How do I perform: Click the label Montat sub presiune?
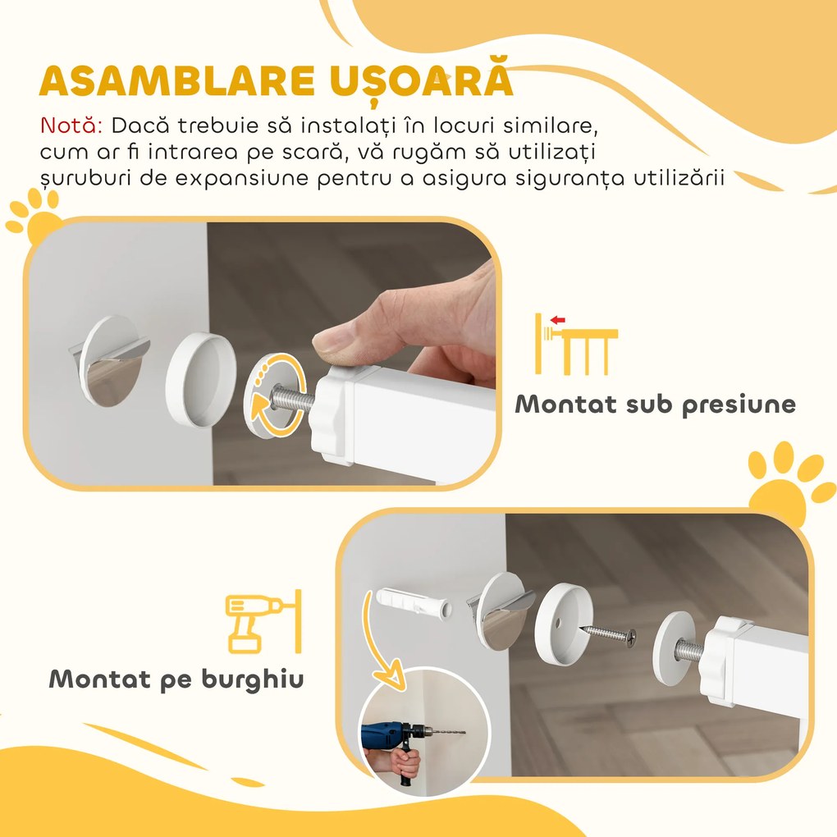click(x=655, y=404)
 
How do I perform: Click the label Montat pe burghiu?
click(x=176, y=679)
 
